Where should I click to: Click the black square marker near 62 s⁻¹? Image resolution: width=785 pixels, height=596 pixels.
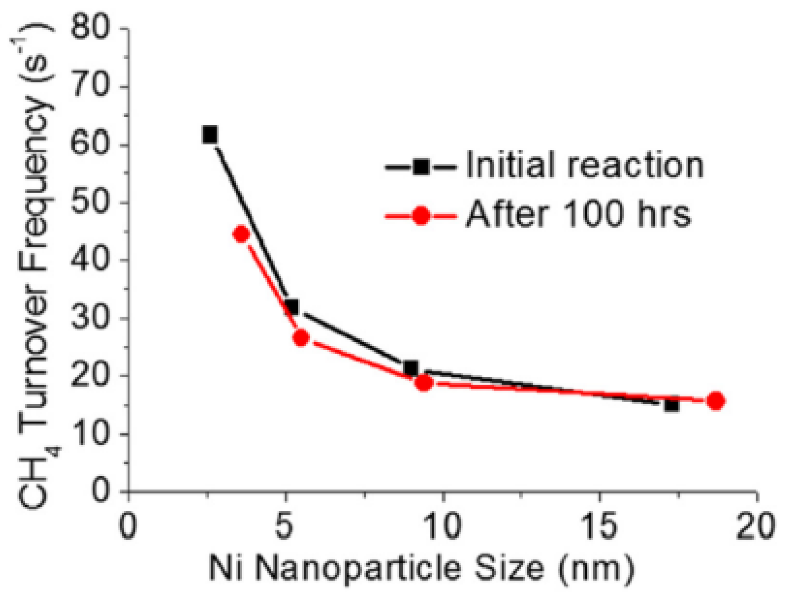210,135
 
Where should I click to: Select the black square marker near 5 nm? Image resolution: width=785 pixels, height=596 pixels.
292,307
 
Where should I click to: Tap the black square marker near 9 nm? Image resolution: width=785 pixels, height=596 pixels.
411,367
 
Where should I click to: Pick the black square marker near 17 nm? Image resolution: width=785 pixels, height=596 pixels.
671,405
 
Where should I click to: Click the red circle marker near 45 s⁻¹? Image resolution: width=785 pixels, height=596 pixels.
241,234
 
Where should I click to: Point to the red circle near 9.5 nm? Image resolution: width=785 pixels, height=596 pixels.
424,383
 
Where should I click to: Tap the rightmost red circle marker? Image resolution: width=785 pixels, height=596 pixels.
716,401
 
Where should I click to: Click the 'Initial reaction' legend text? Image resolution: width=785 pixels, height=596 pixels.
584,165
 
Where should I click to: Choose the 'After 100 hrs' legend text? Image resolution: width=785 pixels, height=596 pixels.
578,215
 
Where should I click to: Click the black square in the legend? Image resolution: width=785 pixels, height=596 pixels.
421,167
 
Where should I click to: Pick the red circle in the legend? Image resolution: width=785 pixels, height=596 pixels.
421,216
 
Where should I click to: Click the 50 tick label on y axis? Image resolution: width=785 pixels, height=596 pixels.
90,203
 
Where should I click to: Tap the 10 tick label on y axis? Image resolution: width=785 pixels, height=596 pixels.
90,433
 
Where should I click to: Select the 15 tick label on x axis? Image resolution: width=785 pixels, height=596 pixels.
599,526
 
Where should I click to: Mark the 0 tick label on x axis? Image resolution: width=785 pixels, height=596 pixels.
128,526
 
